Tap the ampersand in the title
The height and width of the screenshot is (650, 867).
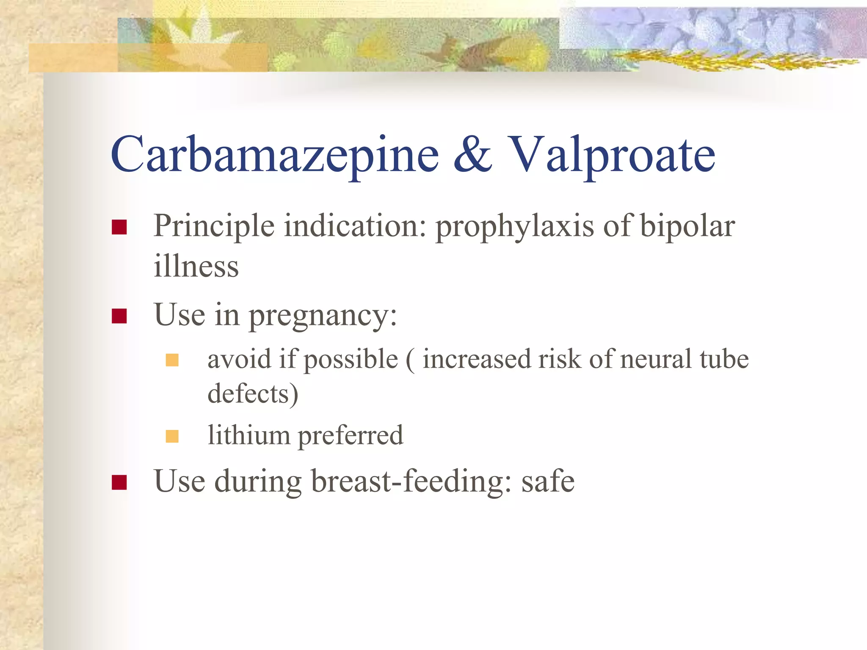coord(473,155)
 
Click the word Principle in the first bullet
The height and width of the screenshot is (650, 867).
coord(214,227)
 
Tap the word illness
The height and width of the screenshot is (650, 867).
coord(196,267)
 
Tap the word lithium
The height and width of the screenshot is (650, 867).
coord(249,435)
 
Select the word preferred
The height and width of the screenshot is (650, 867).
coord(351,436)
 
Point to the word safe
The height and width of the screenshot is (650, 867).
coord(548,482)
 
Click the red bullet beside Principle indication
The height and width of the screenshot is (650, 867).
coord(119,227)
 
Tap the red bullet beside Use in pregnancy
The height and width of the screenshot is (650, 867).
coord(119,316)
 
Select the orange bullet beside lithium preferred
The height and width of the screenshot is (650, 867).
coord(172,436)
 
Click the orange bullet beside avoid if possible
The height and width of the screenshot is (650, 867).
coord(172,360)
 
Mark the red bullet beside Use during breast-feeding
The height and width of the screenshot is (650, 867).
coord(119,482)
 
